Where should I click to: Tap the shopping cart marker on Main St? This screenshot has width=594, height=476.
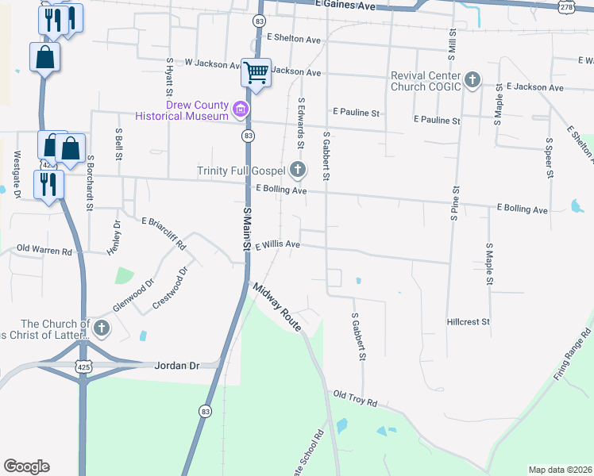coord(256,73)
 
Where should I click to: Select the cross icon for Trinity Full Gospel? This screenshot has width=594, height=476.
coord(298,168)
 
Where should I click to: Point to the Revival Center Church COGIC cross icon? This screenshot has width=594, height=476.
coord(472,79)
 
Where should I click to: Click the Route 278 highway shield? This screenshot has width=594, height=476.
coord(566,6)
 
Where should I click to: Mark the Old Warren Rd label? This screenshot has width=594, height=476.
coord(44,251)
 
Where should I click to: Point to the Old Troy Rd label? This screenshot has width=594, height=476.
coord(355,397)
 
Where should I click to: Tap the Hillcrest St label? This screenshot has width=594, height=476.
coord(468,322)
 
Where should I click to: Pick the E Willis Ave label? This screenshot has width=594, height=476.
coord(277,245)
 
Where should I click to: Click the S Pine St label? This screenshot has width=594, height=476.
coord(456,204)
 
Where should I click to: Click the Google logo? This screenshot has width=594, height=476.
coord(26,466)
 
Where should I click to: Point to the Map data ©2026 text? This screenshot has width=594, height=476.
coord(559,470)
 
